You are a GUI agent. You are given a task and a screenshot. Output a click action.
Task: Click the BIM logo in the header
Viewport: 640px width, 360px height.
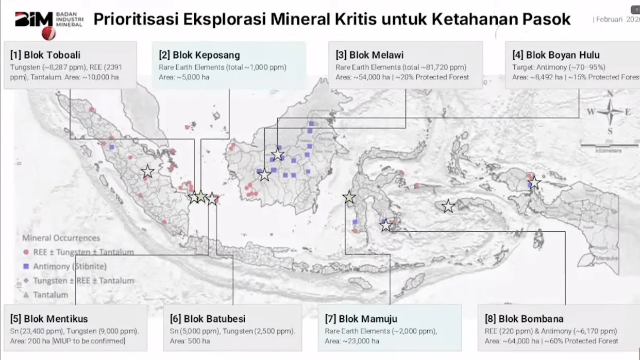point(35,24)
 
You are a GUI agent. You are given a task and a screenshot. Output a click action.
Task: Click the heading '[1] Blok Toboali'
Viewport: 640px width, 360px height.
point(45,55)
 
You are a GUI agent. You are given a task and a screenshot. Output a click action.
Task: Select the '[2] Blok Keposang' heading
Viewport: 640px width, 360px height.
point(199,55)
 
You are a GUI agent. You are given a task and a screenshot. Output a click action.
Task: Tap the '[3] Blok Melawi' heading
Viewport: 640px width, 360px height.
point(369,55)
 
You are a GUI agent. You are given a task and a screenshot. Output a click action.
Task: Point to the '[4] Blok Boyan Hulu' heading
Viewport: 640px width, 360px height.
point(556,55)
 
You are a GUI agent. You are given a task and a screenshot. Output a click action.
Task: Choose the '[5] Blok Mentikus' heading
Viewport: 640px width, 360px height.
point(49,319)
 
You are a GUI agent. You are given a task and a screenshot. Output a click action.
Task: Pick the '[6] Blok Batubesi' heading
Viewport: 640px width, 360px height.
point(208,319)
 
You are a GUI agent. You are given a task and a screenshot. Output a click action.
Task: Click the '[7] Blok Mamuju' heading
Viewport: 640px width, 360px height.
point(361,319)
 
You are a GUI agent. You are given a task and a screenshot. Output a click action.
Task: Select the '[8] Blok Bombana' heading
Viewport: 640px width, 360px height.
point(524,319)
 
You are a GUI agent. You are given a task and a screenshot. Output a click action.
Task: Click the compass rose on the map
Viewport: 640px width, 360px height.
point(610,112)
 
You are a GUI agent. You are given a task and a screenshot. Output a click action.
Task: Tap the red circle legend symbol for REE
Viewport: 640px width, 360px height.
point(26,252)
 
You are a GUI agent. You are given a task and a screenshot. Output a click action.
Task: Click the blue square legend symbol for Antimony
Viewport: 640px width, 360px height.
point(26,267)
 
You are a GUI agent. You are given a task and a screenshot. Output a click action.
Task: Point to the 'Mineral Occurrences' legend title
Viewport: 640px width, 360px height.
point(61,238)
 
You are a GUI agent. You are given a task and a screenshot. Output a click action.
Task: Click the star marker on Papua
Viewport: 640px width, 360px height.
point(534,182)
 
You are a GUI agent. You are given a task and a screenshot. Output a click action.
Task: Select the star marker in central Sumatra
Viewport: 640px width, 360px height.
point(148,172)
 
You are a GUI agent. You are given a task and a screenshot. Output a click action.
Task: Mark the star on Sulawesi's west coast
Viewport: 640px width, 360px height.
point(349,197)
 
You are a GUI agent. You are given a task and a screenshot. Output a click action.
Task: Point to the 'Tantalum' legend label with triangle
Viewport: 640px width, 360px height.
point(50,295)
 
